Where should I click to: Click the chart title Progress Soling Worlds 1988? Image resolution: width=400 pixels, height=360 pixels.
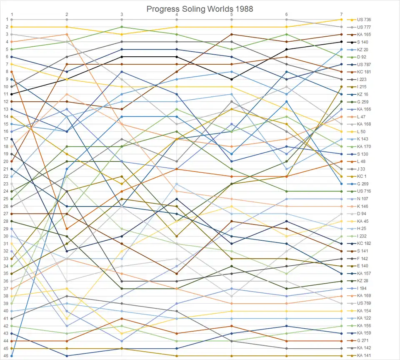click(200, 9)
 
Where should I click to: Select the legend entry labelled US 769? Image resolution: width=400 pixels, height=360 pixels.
click(364, 303)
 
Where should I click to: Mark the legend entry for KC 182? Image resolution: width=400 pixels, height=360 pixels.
click(364, 244)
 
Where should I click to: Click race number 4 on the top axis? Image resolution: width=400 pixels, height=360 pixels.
click(177, 14)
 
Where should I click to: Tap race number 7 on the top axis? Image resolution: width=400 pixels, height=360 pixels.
click(341, 14)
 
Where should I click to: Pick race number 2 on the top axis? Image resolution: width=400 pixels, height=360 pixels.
click(67, 14)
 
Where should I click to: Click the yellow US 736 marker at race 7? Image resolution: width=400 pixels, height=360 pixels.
click(341, 20)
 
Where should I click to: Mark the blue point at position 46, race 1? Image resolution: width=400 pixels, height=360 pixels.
click(12, 356)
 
